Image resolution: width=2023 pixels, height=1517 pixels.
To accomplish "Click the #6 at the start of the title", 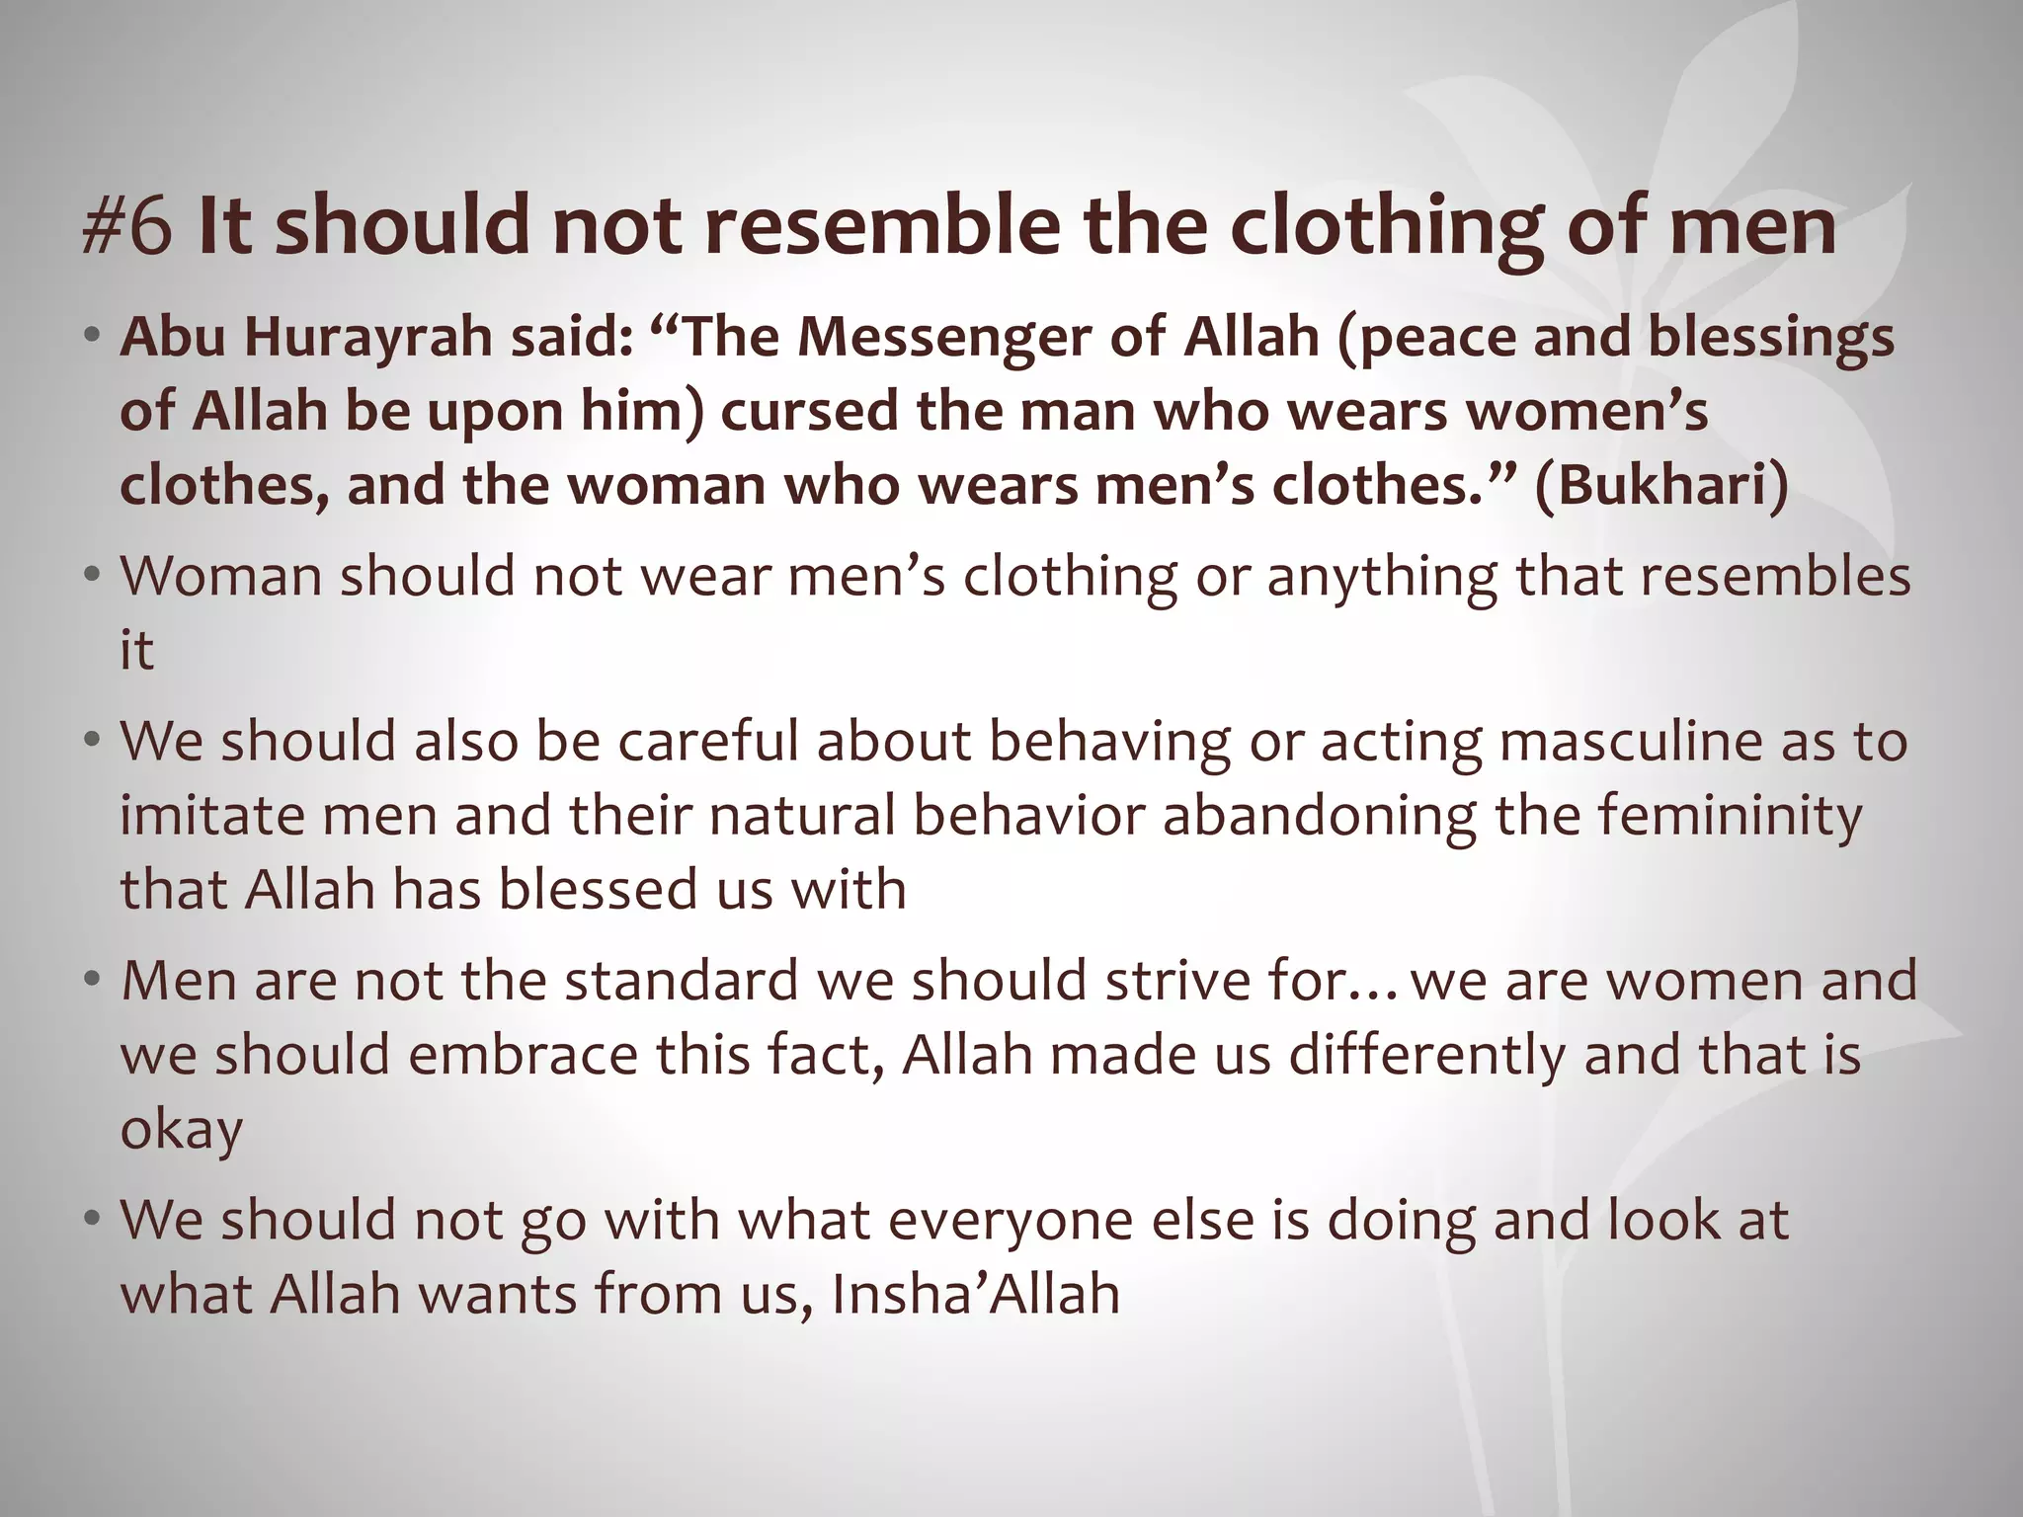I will coord(128,227).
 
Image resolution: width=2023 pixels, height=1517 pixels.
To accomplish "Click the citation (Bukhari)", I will coord(1660,485).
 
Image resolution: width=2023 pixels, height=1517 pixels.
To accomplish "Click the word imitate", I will coord(207,815).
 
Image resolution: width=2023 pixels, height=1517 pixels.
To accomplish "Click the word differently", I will coord(1427,1054).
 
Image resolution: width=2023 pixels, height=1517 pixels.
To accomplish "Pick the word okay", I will coord(181,1129).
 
